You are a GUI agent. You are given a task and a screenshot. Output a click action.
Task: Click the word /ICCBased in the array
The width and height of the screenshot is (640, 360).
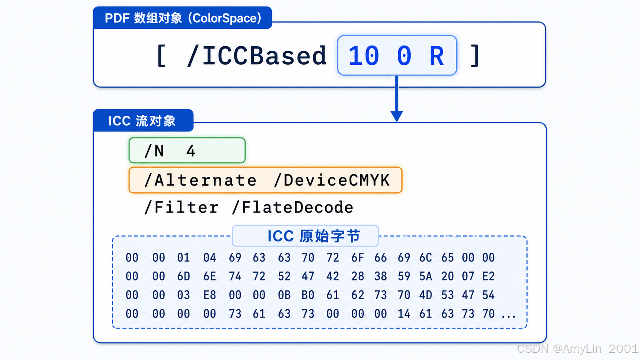(x=256, y=56)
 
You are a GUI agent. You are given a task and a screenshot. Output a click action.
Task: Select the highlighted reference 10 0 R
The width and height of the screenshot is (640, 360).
(x=397, y=55)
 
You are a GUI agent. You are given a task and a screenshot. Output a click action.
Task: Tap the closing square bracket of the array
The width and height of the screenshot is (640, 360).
(x=475, y=56)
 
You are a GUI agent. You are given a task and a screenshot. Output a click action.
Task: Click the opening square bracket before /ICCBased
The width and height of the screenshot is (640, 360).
(x=161, y=56)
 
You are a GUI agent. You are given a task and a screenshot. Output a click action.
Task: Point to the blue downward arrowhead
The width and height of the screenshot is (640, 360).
(x=397, y=116)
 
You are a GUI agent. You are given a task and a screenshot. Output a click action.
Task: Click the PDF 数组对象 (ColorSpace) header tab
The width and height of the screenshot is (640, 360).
(x=182, y=18)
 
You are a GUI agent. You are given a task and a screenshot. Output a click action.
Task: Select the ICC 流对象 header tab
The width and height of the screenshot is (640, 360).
(x=143, y=120)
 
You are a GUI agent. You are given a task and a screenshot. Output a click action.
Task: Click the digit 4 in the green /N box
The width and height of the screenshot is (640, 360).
(x=191, y=151)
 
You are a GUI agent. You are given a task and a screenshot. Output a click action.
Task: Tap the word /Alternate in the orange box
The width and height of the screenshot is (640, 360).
(x=200, y=181)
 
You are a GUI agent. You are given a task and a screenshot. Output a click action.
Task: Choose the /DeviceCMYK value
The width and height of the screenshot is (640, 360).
(x=332, y=181)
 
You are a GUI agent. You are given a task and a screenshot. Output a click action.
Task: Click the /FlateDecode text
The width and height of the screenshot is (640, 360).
(x=292, y=207)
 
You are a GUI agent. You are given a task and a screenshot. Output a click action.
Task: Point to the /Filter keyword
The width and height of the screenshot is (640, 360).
(x=181, y=207)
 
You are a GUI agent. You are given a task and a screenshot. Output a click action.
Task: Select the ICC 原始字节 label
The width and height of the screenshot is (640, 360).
(x=314, y=236)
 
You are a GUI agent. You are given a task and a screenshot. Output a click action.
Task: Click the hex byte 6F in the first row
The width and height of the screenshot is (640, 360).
(x=358, y=257)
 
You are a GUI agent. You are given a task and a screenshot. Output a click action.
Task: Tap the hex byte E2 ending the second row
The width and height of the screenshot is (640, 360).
(x=488, y=276)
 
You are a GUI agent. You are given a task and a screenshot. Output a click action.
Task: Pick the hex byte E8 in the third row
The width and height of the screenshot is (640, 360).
(x=209, y=295)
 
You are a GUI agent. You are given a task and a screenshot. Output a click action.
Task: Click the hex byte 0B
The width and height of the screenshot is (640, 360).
(x=284, y=295)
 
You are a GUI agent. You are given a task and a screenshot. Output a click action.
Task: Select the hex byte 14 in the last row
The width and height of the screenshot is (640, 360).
(x=404, y=314)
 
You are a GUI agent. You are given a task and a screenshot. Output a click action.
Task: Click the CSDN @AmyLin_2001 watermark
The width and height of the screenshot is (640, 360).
(x=577, y=349)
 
